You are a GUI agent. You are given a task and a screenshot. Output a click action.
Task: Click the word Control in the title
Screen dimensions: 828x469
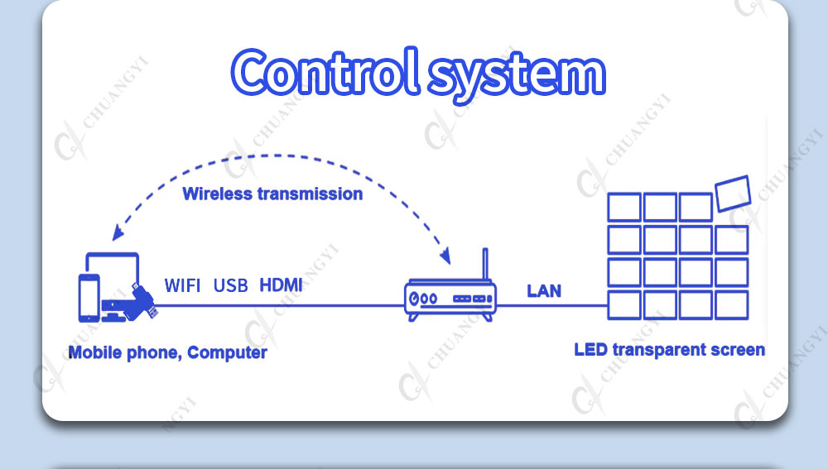(325, 72)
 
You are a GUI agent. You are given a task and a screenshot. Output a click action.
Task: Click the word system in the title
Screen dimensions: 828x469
(517, 77)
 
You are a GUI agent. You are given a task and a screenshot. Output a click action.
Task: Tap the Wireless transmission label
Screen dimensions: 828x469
(272, 194)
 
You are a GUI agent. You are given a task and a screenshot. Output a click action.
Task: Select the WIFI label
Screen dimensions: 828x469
(182, 285)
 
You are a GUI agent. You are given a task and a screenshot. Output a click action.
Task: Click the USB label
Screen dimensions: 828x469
(231, 285)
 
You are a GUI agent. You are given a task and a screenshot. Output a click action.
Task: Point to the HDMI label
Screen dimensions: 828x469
(281, 285)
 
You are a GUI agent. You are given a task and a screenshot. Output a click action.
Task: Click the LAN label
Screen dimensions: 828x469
(544, 290)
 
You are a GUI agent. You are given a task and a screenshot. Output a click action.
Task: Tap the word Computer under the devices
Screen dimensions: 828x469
(227, 352)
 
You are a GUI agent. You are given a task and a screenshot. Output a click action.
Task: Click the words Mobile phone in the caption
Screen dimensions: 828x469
(125, 352)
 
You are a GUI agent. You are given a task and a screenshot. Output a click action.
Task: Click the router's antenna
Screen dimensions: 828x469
(485, 265)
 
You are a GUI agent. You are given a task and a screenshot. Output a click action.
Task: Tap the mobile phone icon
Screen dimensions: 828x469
(89, 298)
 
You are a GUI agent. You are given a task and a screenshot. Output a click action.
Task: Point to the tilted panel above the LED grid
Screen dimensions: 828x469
(733, 193)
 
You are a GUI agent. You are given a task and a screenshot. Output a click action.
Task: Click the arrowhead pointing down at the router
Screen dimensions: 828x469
(445, 256)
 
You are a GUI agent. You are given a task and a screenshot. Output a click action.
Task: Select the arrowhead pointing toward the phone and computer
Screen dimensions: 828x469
(118, 232)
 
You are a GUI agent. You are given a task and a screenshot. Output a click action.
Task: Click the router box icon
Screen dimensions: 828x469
(450, 300)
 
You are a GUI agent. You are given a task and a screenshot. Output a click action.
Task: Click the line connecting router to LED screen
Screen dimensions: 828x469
(551, 305)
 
